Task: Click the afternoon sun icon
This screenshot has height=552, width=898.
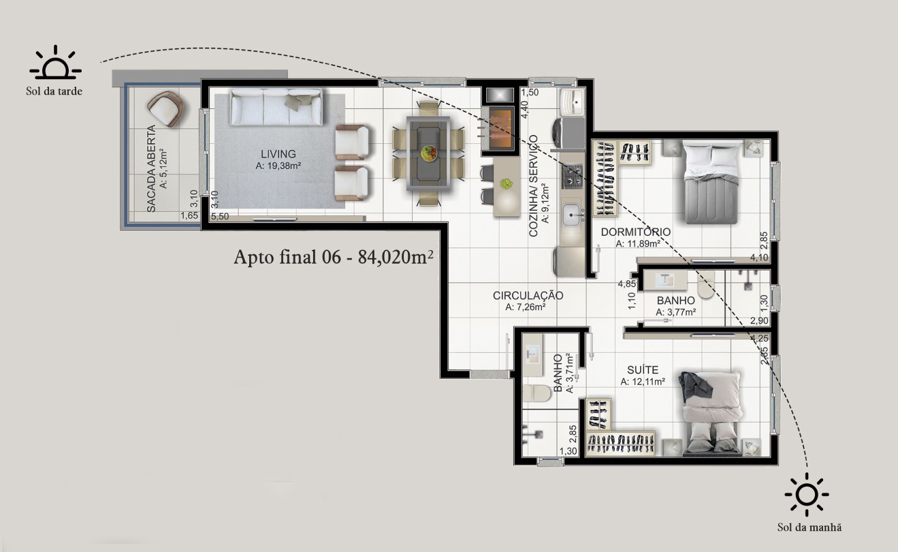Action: click(55, 62)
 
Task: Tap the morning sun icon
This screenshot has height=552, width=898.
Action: click(807, 494)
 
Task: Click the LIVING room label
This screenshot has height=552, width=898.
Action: click(278, 153)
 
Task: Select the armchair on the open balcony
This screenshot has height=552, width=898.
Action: click(165, 109)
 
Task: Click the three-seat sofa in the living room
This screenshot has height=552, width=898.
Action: click(276, 107)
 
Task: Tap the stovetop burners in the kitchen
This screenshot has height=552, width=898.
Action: click(572, 176)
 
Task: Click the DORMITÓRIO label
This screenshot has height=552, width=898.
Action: click(636, 232)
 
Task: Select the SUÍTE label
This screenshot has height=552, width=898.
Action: click(643, 369)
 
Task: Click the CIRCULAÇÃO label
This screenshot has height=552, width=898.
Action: click(528, 296)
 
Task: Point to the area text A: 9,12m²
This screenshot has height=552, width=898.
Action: click(545, 203)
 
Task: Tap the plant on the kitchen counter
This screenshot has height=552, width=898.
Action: click(507, 184)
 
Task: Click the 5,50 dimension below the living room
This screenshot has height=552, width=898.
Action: click(220, 217)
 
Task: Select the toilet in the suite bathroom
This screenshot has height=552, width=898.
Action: click(536, 393)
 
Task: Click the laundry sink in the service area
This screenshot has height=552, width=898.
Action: click(573, 102)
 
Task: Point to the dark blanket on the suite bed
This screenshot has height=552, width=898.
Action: click(694, 385)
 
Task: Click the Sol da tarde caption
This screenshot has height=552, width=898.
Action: click(54, 91)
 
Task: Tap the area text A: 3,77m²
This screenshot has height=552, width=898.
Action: click(676, 312)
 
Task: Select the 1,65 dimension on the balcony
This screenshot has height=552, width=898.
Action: click(189, 215)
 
